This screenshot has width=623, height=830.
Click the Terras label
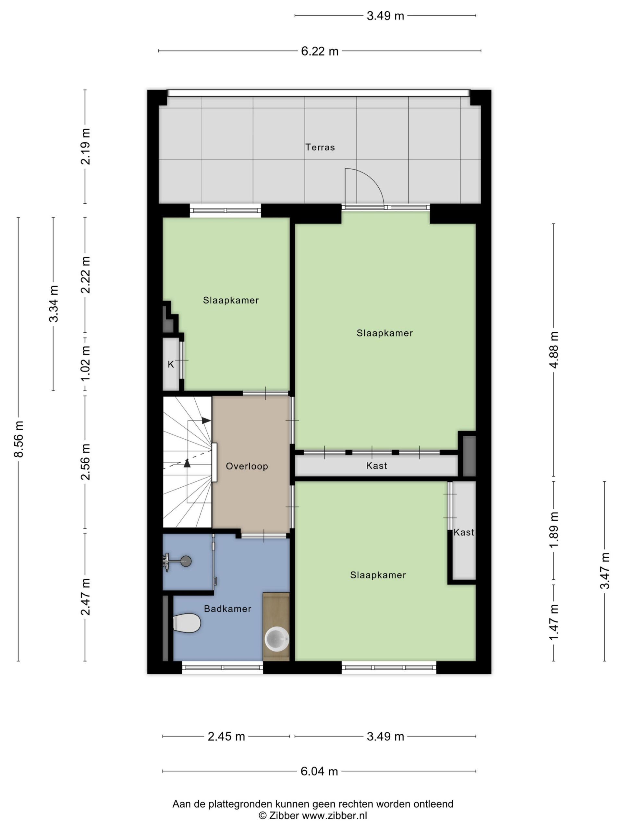tap(320, 147)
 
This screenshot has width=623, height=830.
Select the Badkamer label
tap(227, 609)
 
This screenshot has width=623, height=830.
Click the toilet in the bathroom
tap(187, 623)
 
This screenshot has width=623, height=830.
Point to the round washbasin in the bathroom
tap(277, 639)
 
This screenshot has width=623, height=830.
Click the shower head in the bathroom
tap(186, 561)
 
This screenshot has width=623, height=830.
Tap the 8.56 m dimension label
tap(19, 439)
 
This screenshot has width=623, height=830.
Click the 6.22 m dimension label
tap(320, 51)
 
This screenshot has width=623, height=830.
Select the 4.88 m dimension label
tap(554, 350)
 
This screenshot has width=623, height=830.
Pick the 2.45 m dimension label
tap(226, 736)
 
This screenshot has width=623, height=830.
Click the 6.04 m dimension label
tap(319, 771)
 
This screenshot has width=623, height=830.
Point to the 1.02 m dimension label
tap(86, 362)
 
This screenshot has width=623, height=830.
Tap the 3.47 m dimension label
tap(605, 571)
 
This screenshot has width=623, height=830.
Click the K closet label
tap(171, 364)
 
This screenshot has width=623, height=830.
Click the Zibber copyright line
tap(312, 815)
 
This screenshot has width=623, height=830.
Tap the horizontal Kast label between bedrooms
tap(376, 466)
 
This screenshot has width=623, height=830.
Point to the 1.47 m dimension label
tap(554, 622)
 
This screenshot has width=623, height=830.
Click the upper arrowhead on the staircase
tap(206, 421)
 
